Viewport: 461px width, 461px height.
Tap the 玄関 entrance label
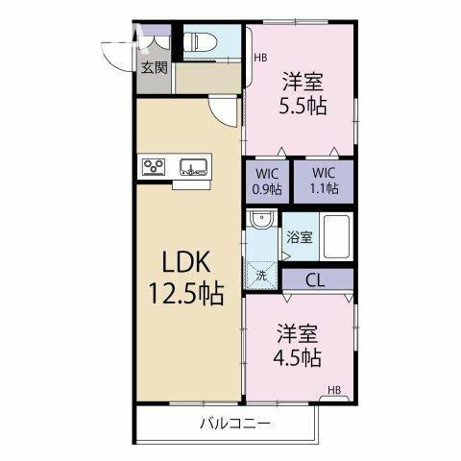pyautogui.click(x=155, y=68)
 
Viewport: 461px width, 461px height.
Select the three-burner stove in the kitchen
pyautogui.click(x=154, y=167)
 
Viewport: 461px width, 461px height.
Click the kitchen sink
pyautogui.click(x=193, y=167)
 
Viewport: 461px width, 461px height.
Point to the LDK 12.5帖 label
pyautogui.click(x=186, y=277)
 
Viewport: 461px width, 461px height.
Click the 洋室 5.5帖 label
pyautogui.click(x=303, y=93)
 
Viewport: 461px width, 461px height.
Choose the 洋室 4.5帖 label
pyautogui.click(x=298, y=345)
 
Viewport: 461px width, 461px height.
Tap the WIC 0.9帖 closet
pyautogui.click(x=268, y=182)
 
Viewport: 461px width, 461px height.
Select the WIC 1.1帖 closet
pyautogui.click(x=324, y=182)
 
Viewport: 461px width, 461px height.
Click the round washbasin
pyautogui.click(x=262, y=218)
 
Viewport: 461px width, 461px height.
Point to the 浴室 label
pyautogui.click(x=300, y=237)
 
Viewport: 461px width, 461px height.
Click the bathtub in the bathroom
pyautogui.click(x=336, y=236)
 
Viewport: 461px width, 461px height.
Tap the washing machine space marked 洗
pyautogui.click(x=262, y=276)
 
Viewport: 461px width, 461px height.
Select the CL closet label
pyautogui.click(x=315, y=280)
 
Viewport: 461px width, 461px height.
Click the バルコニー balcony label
pyautogui.click(x=235, y=425)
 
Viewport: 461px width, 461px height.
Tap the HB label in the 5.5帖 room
pyautogui.click(x=260, y=58)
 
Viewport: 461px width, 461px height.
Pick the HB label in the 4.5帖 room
pyautogui.click(x=334, y=390)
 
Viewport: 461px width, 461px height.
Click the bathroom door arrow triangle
pyautogui.click(x=286, y=256)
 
